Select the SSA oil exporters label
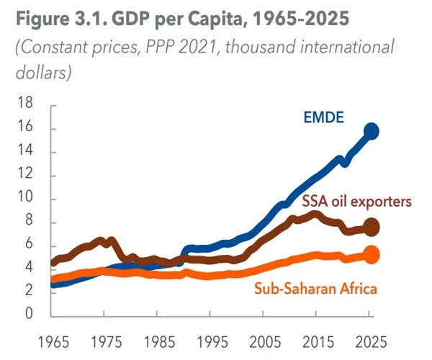tap(356, 201)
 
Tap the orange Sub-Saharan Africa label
tap(316, 289)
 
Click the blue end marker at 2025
tap(372, 131)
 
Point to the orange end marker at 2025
tap(372, 254)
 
